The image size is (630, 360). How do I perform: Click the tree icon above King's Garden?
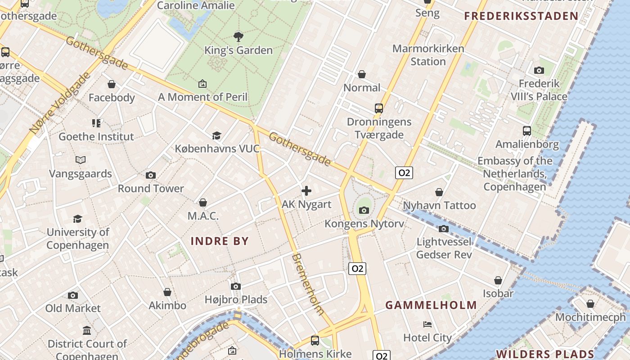(x=238, y=36)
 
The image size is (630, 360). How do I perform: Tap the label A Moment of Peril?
(x=202, y=97)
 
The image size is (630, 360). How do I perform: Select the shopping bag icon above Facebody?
(x=112, y=84)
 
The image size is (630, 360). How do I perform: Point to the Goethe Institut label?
(x=96, y=136)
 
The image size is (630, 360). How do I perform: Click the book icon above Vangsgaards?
(x=81, y=160)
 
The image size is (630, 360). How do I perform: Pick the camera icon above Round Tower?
(x=151, y=175)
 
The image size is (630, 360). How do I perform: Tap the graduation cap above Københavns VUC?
(x=217, y=135)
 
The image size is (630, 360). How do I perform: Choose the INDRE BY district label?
(x=220, y=241)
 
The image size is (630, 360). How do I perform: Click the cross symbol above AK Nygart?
(x=306, y=191)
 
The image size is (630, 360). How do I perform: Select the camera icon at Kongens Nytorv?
(x=364, y=210)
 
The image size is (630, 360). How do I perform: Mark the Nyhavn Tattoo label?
(x=439, y=205)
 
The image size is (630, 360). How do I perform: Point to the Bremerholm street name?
(x=308, y=284)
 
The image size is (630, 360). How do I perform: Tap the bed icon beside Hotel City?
(x=427, y=324)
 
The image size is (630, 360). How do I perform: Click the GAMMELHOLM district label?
(x=431, y=305)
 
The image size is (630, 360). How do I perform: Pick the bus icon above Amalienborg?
(x=527, y=131)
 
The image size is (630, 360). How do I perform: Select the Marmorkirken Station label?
(x=428, y=55)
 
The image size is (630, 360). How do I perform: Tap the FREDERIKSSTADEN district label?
(x=521, y=16)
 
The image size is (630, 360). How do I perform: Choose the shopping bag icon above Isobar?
(x=498, y=280)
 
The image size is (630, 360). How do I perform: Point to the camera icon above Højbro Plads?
(x=236, y=286)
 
